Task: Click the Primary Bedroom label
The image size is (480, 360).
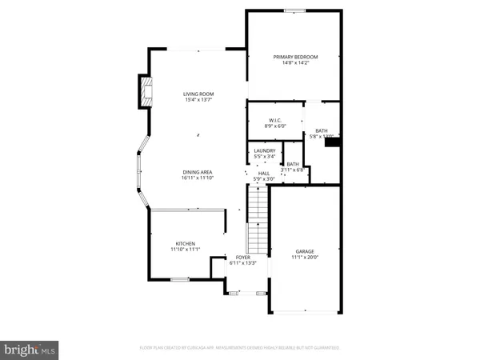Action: (295, 57)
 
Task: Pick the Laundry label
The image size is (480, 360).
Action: (265, 150)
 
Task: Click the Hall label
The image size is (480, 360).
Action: (263, 173)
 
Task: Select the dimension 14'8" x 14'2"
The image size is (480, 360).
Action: (295, 63)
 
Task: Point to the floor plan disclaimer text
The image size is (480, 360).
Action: (240, 349)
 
